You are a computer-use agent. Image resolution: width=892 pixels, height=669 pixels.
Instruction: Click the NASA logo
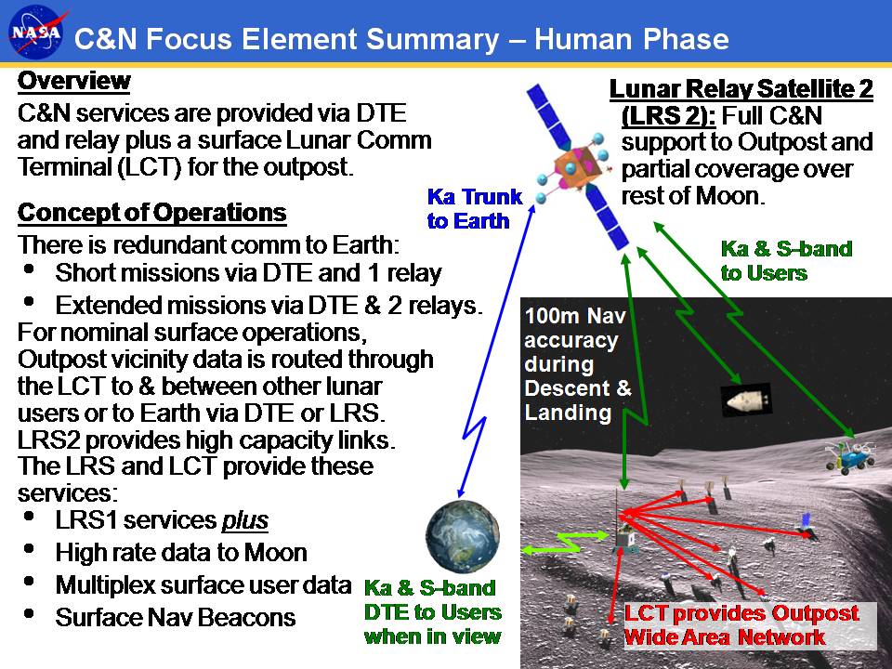(x=36, y=33)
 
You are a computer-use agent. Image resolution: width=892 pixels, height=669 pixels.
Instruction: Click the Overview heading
(x=74, y=81)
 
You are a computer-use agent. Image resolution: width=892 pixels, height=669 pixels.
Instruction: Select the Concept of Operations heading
(x=151, y=213)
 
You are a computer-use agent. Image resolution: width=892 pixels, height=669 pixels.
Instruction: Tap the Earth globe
(x=463, y=536)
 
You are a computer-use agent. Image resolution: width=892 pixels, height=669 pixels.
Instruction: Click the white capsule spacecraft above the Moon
(x=746, y=400)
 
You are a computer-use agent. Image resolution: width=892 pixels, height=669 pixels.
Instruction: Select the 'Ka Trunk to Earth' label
(x=474, y=209)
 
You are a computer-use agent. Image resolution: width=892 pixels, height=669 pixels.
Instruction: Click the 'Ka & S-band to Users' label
(x=786, y=260)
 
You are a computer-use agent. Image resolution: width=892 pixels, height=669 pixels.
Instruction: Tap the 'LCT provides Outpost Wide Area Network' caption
(x=741, y=625)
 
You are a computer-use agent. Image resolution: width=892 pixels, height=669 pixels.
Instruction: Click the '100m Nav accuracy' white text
(x=575, y=328)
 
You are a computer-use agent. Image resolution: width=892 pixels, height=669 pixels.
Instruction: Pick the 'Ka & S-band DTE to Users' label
(x=432, y=599)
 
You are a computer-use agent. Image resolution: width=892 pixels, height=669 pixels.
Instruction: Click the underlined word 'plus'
(x=244, y=520)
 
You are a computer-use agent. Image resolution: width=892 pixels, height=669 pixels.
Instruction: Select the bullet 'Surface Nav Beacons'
(x=176, y=617)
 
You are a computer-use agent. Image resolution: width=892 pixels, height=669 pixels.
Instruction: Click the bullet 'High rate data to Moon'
(x=181, y=552)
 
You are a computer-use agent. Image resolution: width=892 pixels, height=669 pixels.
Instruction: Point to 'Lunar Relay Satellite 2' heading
(x=741, y=89)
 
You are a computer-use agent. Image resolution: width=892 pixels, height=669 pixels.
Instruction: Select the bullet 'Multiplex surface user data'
(x=203, y=584)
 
